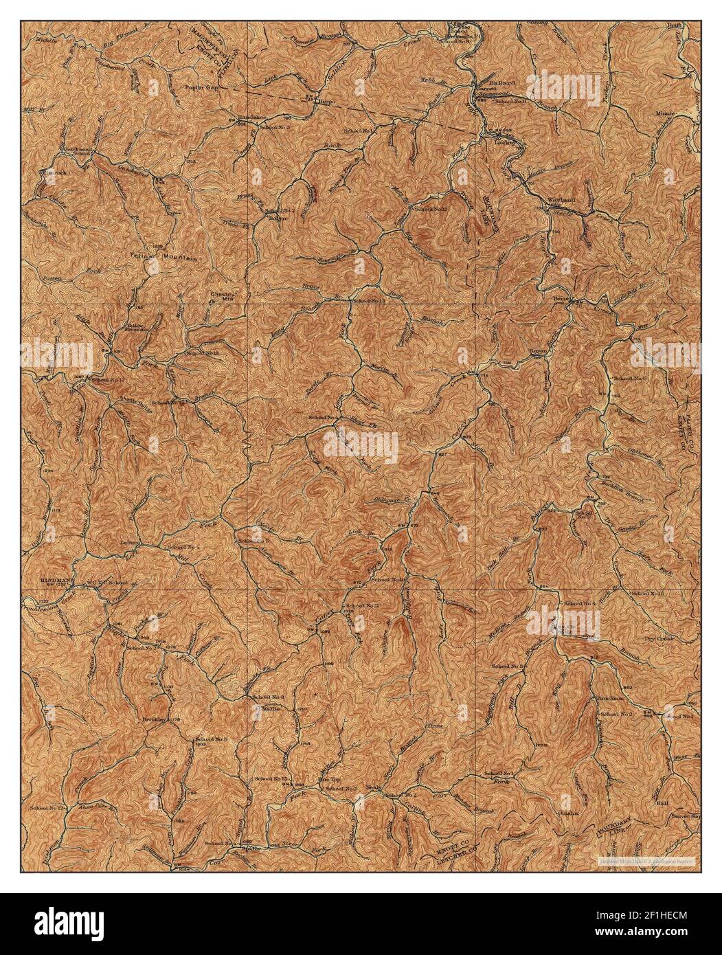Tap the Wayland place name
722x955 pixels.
(x=561, y=200)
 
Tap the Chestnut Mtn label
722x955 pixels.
(x=223, y=297)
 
